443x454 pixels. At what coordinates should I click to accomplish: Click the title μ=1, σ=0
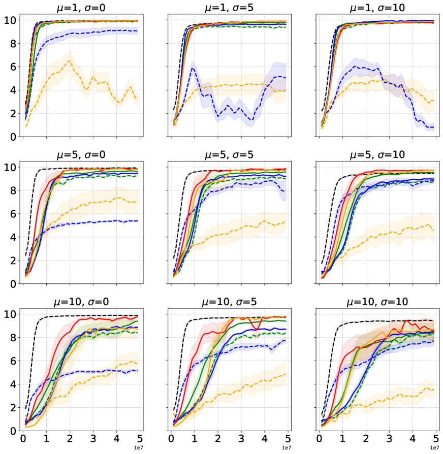[x=81, y=7]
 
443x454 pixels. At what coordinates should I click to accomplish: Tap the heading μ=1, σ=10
[x=378, y=7]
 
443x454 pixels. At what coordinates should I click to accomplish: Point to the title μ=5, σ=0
[x=81, y=154]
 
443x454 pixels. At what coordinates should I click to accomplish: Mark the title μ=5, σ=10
[x=378, y=154]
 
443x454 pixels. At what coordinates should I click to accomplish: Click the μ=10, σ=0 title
[x=81, y=301]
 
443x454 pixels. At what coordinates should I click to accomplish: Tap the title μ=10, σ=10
[x=378, y=301]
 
